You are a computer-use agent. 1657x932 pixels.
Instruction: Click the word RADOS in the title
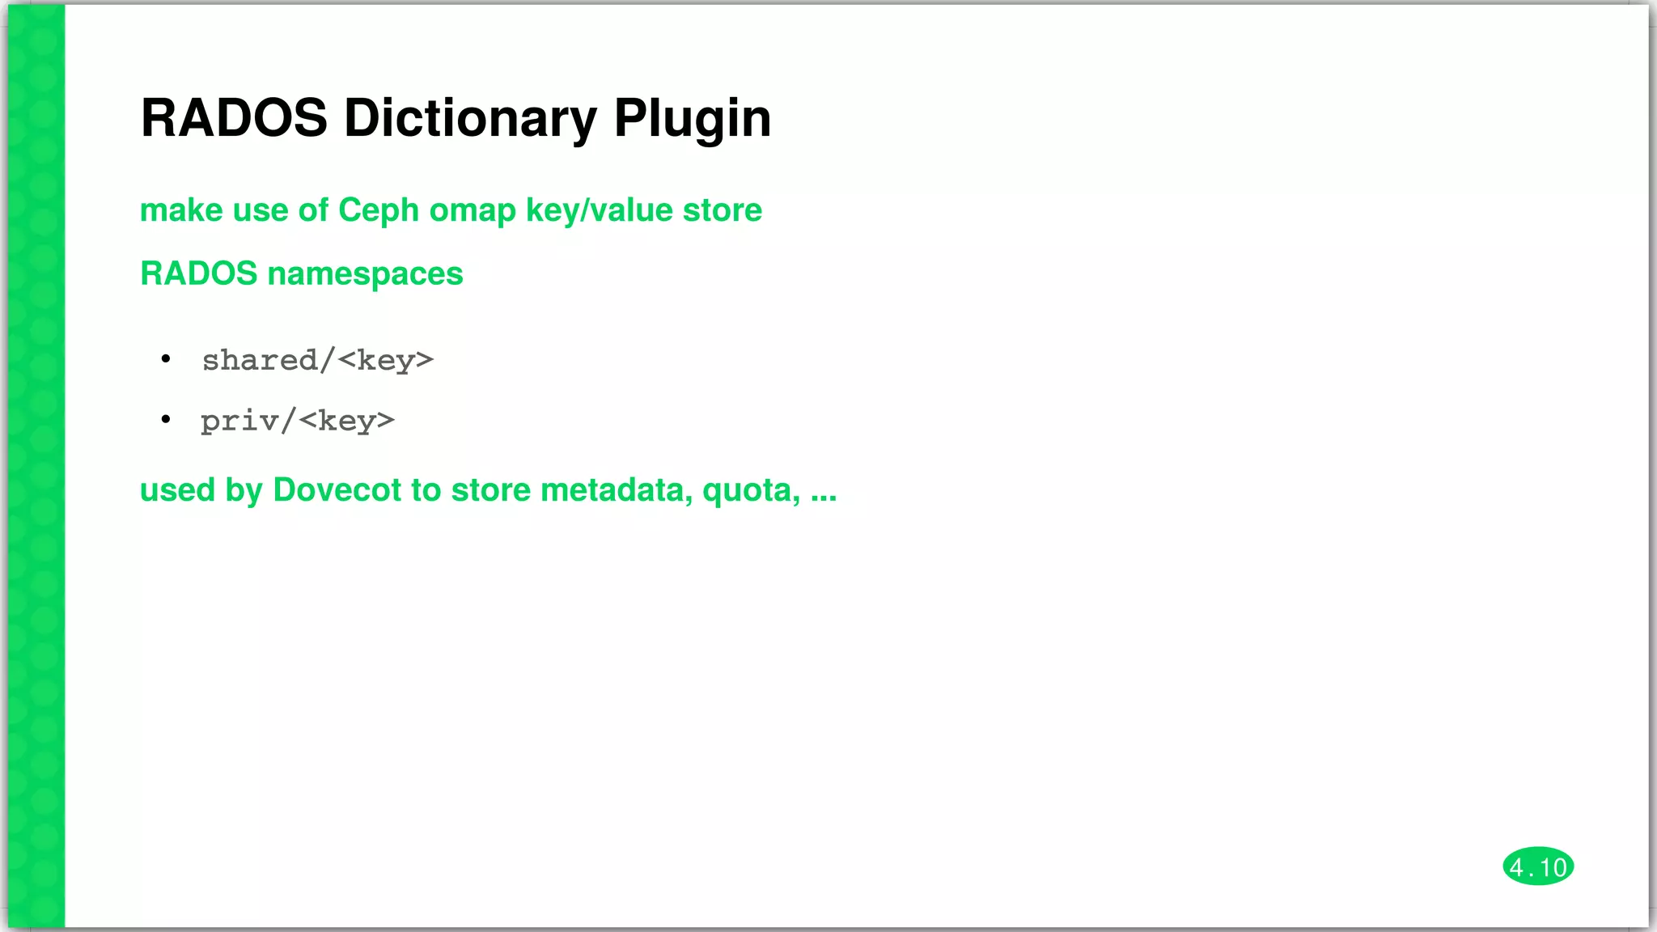pyautogui.click(x=234, y=118)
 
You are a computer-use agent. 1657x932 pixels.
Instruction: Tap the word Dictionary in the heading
pyautogui.click(x=470, y=118)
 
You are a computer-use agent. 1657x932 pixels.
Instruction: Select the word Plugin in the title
pyautogui.click(x=692, y=118)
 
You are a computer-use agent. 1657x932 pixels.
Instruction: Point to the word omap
pyautogui.click(x=472, y=210)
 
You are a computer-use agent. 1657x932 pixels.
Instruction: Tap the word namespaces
pyautogui.click(x=365, y=273)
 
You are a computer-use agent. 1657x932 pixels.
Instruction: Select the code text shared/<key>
pyautogui.click(x=317, y=360)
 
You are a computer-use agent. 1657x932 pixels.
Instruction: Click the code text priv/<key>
pyautogui.click(x=297, y=421)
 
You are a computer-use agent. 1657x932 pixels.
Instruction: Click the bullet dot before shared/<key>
pyautogui.click(x=166, y=358)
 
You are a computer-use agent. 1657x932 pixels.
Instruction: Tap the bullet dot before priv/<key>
pyautogui.click(x=166, y=419)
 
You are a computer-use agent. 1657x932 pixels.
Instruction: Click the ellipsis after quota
pyautogui.click(x=823, y=492)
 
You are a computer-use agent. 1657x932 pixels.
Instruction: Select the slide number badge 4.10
pyautogui.click(x=1537, y=867)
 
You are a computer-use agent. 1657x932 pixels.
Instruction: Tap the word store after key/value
pyautogui.click(x=722, y=210)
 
